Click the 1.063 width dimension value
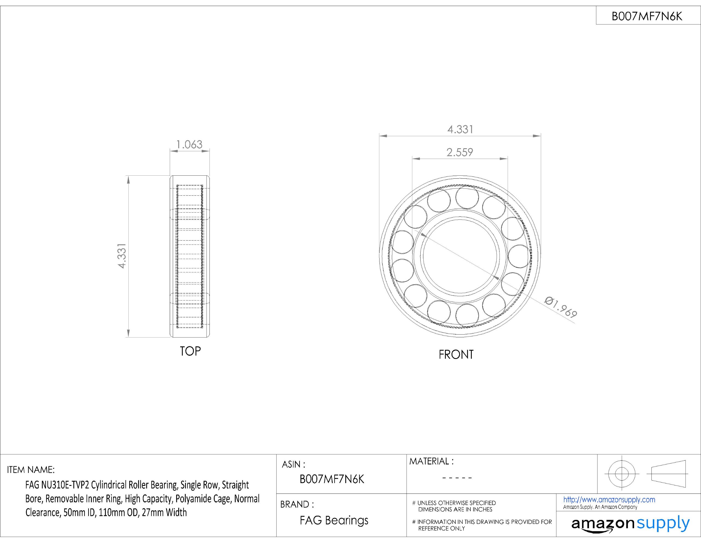pyautogui.click(x=189, y=145)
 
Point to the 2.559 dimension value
pyautogui.click(x=460, y=152)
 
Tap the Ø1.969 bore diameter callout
pyautogui.click(x=561, y=307)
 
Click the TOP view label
pyautogui.click(x=190, y=351)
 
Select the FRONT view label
pyautogui.click(x=456, y=355)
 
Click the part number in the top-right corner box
pyautogui.click(x=647, y=16)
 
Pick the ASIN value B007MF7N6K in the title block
pyautogui.click(x=332, y=479)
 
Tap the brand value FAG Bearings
pyautogui.click(x=334, y=520)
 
